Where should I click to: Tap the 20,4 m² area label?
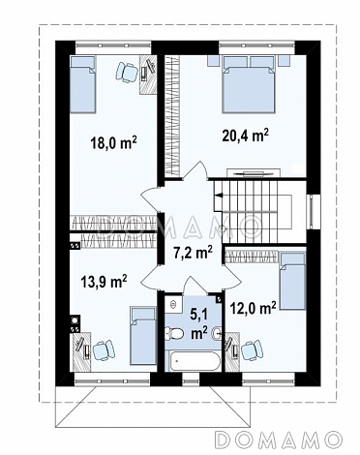coord(246,136)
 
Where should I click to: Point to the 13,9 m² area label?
coord(104,282)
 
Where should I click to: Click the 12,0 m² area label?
coord(253,308)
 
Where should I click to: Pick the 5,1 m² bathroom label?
coord(198,323)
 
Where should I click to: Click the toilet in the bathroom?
coord(174,333)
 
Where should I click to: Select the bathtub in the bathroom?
coord(194,361)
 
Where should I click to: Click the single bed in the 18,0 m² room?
coord(82,84)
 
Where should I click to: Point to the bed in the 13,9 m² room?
coord(143,336)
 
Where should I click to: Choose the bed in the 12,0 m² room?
coord(292,281)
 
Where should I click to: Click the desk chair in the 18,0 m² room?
coord(126,72)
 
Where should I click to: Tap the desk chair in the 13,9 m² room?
coord(104,350)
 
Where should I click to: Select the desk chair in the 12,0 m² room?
coord(252,349)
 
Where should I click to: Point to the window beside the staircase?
coord(312,211)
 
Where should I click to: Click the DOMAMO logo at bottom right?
coord(280,439)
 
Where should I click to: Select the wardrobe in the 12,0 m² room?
coord(252,257)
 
